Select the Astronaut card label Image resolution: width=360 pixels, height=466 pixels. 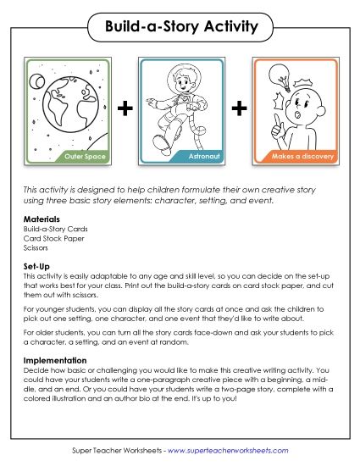coord(196,156)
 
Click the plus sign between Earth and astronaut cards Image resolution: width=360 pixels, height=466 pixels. coord(125,109)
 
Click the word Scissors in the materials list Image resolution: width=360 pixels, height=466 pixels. coord(36,248)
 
